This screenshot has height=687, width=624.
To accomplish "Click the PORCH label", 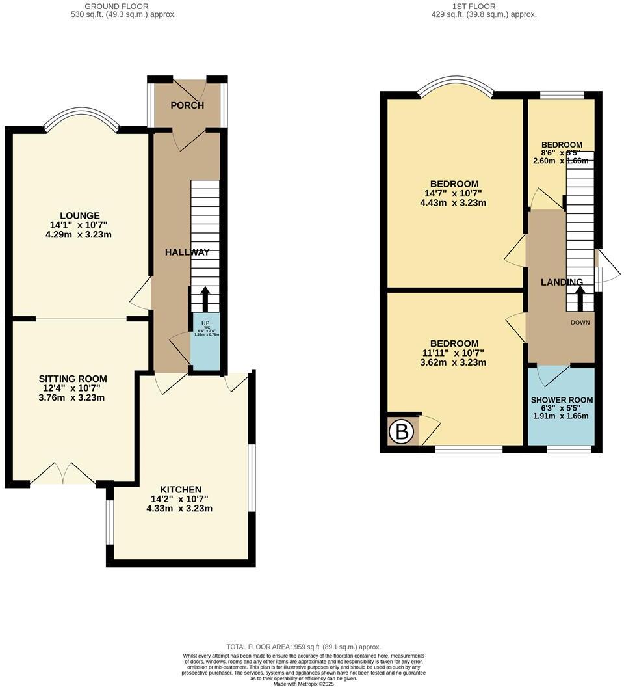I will pyautogui.click(x=187, y=105).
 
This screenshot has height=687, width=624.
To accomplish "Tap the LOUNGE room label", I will pyautogui.click(x=79, y=216).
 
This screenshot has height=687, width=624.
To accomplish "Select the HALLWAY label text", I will pyautogui.click(x=187, y=252).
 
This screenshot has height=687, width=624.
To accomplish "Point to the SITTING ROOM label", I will pyautogui.click(x=72, y=379).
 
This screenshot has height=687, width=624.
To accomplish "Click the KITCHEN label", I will pyautogui.click(x=181, y=489).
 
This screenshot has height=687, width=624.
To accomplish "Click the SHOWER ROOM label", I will pyautogui.click(x=562, y=400).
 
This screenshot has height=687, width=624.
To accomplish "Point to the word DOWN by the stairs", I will pyautogui.click(x=580, y=322).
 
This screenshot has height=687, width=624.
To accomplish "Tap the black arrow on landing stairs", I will pyautogui.click(x=580, y=300).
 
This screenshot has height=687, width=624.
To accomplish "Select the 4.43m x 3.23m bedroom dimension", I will pyautogui.click(x=454, y=203).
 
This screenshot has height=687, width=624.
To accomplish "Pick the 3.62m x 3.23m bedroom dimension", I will pyautogui.click(x=454, y=362).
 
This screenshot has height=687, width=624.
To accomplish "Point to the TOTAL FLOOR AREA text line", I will pyautogui.click(x=304, y=647).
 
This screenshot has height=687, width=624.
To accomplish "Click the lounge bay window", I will pyautogui.click(x=81, y=120).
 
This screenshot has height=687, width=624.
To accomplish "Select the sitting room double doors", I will pyautogui.click(x=63, y=474).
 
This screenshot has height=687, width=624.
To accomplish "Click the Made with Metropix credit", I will pyautogui.click(x=303, y=684).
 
